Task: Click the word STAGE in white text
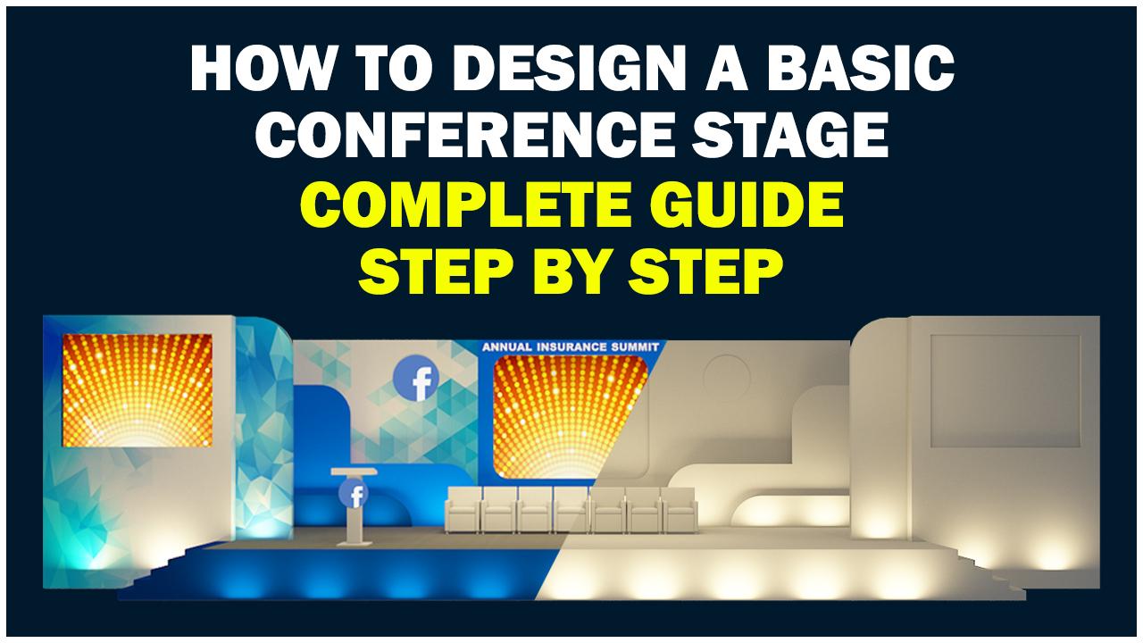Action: tap(790, 134)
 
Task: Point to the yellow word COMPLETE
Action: tap(467, 205)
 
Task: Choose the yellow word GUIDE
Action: tap(746, 205)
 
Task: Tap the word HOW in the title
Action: tap(262, 69)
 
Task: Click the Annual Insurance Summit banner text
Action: tap(571, 347)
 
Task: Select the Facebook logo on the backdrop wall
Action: tap(416, 378)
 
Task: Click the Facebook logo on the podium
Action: tap(353, 494)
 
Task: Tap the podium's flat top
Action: tap(355, 471)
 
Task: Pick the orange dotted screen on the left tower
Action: tap(138, 390)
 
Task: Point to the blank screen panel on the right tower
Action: tap(1005, 391)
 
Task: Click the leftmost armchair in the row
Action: tap(463, 509)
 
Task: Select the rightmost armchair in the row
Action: tap(680, 509)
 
